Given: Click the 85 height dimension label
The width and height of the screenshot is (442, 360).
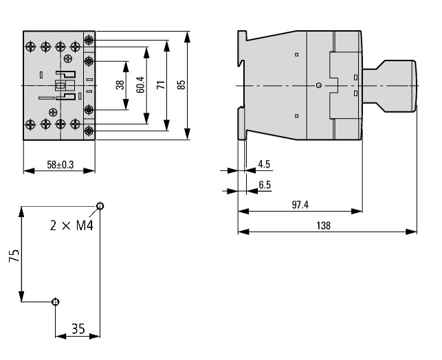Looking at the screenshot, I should tap(181, 85).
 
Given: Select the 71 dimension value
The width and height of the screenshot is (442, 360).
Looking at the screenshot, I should tap(160, 85).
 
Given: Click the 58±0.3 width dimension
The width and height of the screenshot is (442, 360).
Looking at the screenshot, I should tap(59, 165).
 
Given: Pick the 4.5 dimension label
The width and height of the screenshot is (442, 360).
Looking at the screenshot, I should tap(264, 165).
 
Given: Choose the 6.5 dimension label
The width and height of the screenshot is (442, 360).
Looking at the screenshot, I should tap(265, 184).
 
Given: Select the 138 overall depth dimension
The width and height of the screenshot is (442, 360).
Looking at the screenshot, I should tap(324, 225).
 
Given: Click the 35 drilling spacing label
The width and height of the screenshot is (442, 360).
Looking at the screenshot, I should tap(78, 330).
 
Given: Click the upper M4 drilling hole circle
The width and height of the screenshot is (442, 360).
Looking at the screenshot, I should tap(100, 205).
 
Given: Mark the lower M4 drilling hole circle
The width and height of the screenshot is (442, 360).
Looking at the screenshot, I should tap(56, 302).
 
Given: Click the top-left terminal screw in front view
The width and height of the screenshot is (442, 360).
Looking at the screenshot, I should tap(30, 46).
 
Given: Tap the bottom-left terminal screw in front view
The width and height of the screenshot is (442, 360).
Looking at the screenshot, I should tap(30, 124).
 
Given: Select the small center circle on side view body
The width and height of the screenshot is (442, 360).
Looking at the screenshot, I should tap(318, 85).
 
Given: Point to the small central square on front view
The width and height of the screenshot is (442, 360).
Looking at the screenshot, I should tap(60, 86).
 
